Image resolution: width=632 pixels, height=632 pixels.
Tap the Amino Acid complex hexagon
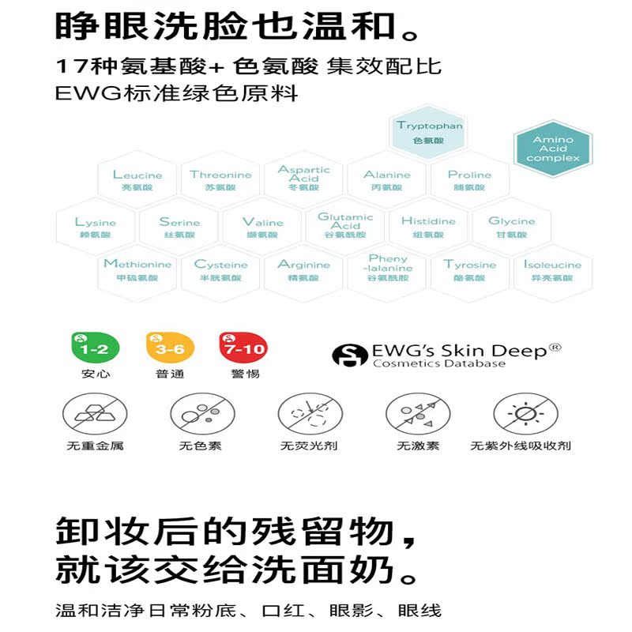pyautogui.click(x=552, y=149)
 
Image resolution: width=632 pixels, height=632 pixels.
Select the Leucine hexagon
pyautogui.click(x=137, y=180)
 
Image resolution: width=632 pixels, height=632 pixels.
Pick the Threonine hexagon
pyautogui.click(x=220, y=180)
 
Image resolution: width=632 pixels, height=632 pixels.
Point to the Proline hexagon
pyautogui.click(x=469, y=180)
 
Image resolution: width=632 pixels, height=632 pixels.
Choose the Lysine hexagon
pyautogui.click(x=96, y=228)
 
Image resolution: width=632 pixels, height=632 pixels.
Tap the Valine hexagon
pyautogui.click(x=262, y=228)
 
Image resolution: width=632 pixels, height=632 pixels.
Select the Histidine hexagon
pyautogui.click(x=428, y=228)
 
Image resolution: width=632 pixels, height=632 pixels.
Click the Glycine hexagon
pyautogui.click(x=511, y=228)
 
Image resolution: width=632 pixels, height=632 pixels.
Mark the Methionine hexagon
pyautogui.click(x=137, y=270)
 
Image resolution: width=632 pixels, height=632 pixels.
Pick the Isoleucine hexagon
pyautogui.click(x=552, y=270)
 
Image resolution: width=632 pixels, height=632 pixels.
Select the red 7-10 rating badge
pyautogui.click(x=242, y=348)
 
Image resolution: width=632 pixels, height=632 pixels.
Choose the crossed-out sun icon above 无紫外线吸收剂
pyautogui.click(x=520, y=413)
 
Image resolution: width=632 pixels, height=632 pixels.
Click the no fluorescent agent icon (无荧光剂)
pyautogui.click(x=308, y=413)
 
